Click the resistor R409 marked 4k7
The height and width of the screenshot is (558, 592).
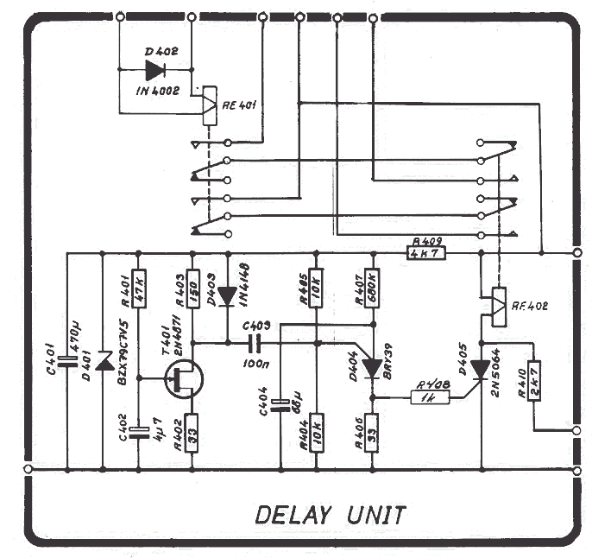[427, 253]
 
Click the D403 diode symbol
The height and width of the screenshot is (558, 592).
[227, 296]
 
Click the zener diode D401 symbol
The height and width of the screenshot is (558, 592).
[104, 361]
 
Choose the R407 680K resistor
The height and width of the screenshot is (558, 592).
[372, 288]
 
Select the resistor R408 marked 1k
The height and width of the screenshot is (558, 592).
[424, 397]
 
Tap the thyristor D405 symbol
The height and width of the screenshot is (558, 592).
[479, 369]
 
